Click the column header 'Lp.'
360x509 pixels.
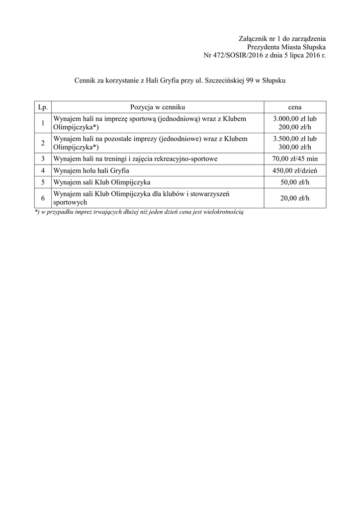tap(43, 107)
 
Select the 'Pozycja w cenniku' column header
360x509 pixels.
tap(158, 107)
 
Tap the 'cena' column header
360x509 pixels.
tap(295, 107)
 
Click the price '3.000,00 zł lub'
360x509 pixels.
tap(295, 119)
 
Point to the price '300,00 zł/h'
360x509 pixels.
tap(295, 147)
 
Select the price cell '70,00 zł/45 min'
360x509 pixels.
tap(295, 159)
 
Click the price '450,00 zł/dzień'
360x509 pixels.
tap(295, 170)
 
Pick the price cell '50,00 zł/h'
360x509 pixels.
tap(295, 182)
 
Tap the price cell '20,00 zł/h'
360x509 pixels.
tap(295, 198)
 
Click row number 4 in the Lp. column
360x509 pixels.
tap(43, 170)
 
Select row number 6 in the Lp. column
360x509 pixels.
tap(43, 198)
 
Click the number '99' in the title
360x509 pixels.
tap(250, 80)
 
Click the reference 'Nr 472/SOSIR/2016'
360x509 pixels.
tap(232, 55)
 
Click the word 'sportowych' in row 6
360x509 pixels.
tap(71, 202)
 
